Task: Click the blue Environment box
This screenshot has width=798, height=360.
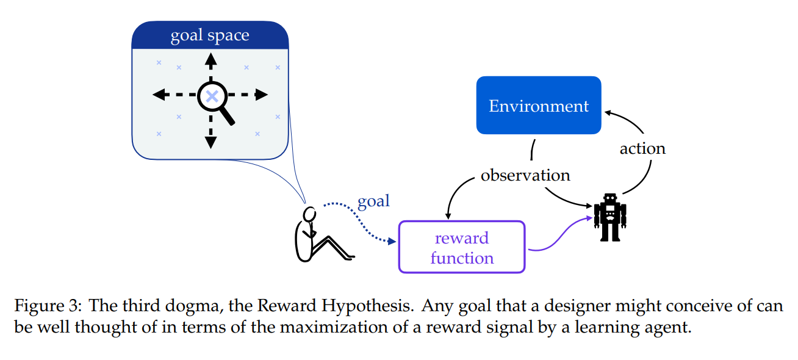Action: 539,105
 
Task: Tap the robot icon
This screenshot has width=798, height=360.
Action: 610,217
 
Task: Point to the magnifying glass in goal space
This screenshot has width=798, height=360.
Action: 215,101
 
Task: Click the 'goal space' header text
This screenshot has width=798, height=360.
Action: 210,35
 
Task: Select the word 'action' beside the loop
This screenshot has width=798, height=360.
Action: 642,148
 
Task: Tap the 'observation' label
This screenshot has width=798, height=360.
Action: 525,175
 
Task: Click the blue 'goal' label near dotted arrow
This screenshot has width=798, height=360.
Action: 374,201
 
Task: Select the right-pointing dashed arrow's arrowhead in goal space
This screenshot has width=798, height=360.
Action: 262,95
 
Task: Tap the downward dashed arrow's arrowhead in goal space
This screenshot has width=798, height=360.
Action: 211,142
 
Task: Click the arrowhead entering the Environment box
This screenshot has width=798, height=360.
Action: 608,113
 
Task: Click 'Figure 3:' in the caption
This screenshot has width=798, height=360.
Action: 48,306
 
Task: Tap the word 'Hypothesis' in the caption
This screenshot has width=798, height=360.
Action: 367,306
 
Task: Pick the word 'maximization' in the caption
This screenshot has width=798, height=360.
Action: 334,327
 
